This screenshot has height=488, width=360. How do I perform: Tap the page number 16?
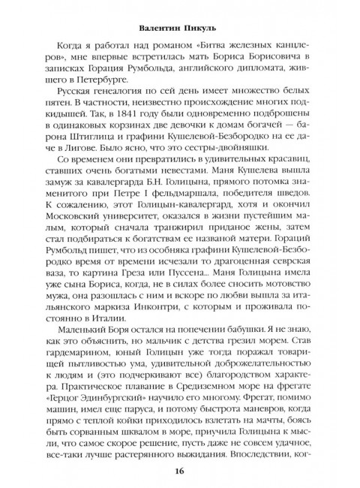tap(180, 471)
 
